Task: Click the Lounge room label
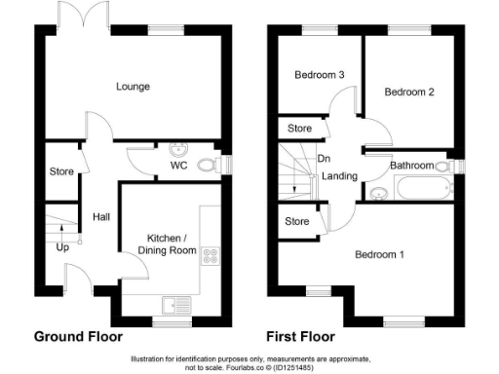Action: pos(134,87)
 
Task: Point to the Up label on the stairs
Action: pos(63,247)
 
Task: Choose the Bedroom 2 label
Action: pos(408,93)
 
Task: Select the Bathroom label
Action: pos(412,166)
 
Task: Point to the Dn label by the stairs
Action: pos(324,159)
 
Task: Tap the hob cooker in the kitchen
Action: pos(211,255)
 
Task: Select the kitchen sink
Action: pos(175,305)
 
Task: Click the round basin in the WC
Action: pos(178,149)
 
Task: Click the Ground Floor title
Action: pos(78,337)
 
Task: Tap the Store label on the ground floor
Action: pos(62,172)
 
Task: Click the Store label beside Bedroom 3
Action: pos(299,128)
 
